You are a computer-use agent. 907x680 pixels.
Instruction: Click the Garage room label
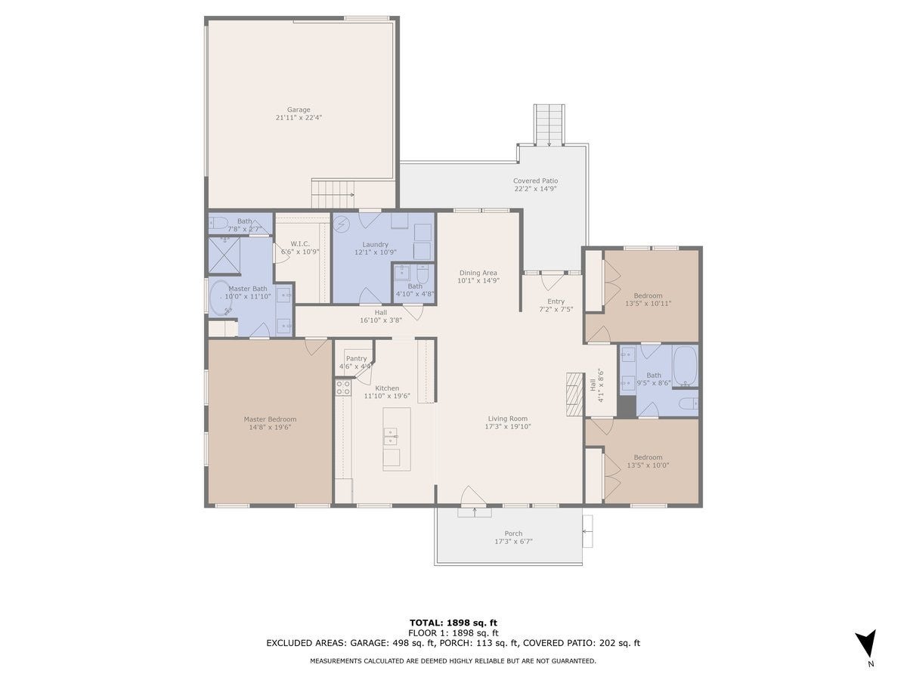click(299, 110)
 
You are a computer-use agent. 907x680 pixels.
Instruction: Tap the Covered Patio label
click(535, 181)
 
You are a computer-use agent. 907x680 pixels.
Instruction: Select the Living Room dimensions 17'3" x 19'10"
click(507, 426)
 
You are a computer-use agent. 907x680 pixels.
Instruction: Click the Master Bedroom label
click(270, 419)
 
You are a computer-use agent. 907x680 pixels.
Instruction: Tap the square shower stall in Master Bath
click(224, 255)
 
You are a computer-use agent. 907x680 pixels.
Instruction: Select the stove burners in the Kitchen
click(343, 388)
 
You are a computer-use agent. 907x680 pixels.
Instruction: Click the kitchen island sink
click(391, 437)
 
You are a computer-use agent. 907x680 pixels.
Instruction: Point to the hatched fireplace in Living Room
click(574, 394)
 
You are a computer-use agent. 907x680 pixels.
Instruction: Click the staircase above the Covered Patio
click(549, 125)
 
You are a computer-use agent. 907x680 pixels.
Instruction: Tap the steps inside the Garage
click(333, 193)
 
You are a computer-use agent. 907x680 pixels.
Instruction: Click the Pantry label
click(356, 358)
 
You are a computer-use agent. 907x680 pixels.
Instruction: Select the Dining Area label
click(478, 273)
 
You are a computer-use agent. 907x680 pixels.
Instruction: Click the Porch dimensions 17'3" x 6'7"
click(513, 541)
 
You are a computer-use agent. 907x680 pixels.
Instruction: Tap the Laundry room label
click(375, 244)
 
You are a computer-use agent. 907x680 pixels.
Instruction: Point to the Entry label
click(556, 301)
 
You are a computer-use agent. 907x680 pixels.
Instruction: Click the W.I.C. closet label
click(300, 244)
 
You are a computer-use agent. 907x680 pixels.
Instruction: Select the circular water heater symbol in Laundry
click(342, 224)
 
